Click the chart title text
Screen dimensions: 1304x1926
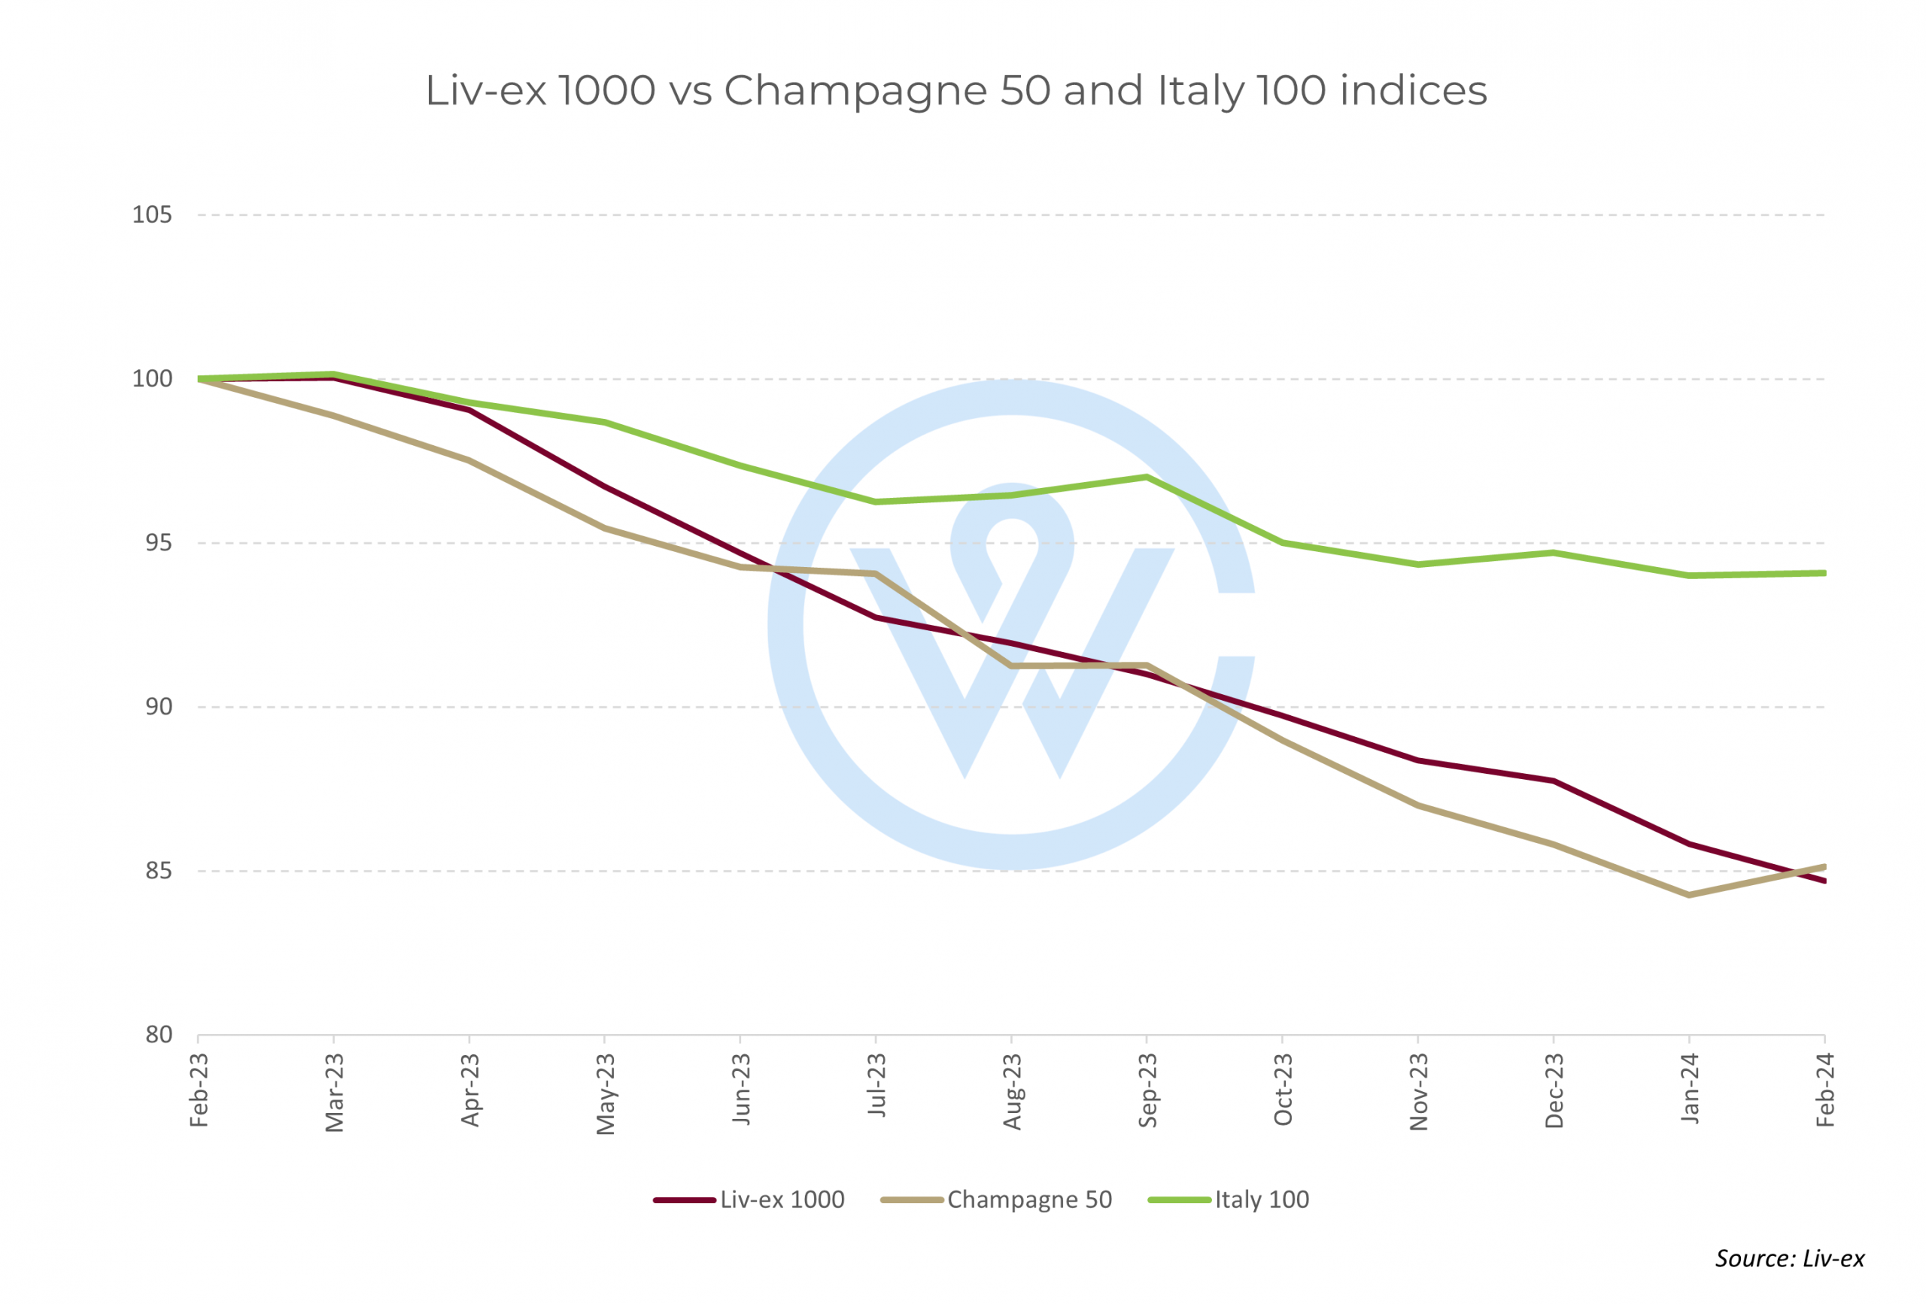click(x=956, y=90)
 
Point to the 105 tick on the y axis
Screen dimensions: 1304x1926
click(x=153, y=215)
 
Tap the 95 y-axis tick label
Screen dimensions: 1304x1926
click(x=158, y=544)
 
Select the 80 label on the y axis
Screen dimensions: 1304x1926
click(x=158, y=1035)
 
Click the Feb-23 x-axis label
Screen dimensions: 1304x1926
click(x=199, y=1090)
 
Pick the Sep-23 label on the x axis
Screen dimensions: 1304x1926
click(x=1148, y=1090)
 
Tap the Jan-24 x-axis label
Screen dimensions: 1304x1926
click(x=1690, y=1089)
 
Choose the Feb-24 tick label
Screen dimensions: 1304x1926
click(x=1825, y=1090)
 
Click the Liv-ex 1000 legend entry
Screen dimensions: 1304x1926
click(x=749, y=1199)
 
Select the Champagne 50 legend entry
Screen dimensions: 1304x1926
click(x=997, y=1199)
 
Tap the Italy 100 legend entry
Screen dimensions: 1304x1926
click(x=1229, y=1199)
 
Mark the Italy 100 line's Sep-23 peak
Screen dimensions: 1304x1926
click(x=1147, y=478)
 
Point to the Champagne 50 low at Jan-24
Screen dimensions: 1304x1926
click(x=1689, y=896)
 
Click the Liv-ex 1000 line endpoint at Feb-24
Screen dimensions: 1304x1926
click(x=1823, y=881)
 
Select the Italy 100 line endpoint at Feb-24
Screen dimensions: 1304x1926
click(x=1823, y=573)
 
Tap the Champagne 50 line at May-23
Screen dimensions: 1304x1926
click(x=605, y=528)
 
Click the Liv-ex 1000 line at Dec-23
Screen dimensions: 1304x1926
click(x=1554, y=781)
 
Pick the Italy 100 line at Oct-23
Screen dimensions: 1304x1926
click(x=1283, y=543)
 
